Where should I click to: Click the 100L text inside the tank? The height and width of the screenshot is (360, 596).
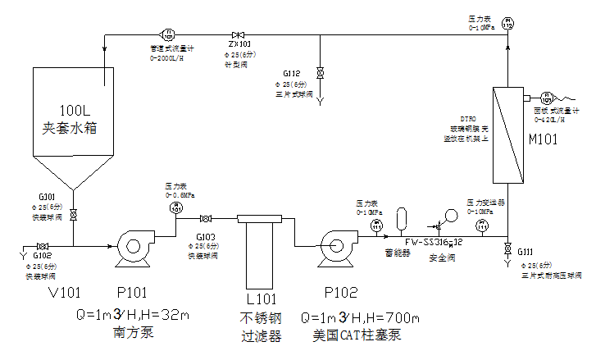[x=80, y=111]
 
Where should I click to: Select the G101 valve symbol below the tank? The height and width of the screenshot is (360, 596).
[x=74, y=215]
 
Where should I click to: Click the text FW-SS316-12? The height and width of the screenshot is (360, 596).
[x=434, y=242]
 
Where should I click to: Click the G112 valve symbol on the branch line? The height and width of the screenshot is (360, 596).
[x=320, y=74]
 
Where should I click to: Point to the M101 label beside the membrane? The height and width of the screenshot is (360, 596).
[x=542, y=139]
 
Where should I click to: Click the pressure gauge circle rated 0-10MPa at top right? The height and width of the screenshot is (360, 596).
[x=507, y=25]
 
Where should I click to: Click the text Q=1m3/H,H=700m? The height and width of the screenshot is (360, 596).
[x=361, y=317]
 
